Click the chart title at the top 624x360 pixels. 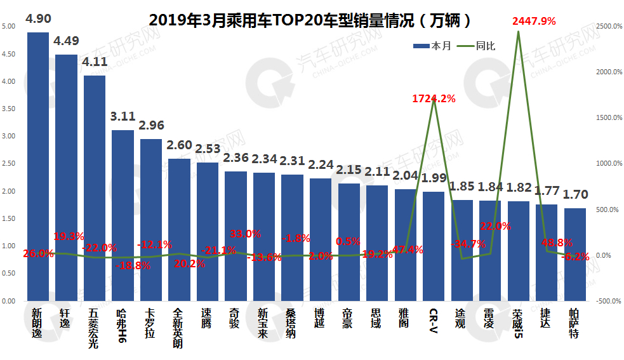click(310, 20)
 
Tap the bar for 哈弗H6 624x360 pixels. click(123, 215)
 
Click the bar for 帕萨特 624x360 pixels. click(574, 254)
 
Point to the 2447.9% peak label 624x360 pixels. click(534, 21)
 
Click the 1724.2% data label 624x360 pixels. click(434, 98)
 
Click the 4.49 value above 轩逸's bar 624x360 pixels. click(66, 42)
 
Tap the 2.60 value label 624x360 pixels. click(179, 145)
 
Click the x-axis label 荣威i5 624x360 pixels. click(518, 324)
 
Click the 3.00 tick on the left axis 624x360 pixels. click(8, 136)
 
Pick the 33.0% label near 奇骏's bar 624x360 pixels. click(245, 234)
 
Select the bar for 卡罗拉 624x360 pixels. click(150, 220)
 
